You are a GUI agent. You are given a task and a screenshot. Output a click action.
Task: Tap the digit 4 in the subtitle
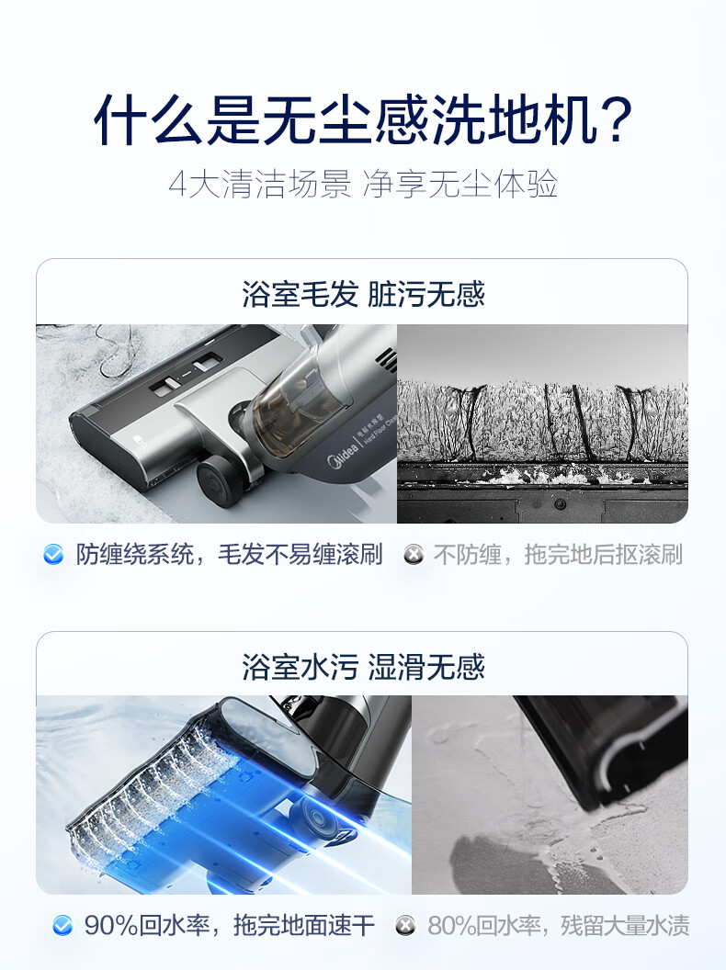coord(177,185)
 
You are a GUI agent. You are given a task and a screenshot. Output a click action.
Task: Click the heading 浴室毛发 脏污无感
coord(363,294)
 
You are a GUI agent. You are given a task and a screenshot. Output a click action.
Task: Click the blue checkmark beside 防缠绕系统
coord(54,554)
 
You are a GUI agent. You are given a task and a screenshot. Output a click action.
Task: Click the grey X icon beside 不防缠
coord(414,554)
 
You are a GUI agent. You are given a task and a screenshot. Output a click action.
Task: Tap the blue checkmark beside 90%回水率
coord(62,926)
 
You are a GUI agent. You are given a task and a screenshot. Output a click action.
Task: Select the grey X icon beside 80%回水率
coord(405,926)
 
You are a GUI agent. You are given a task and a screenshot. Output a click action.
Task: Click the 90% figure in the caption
coord(111,926)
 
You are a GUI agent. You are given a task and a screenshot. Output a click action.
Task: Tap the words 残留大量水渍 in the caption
coord(625,926)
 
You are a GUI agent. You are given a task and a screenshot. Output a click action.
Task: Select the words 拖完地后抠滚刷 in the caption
coord(604,554)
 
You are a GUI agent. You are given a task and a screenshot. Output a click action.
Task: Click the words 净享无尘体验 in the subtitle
coord(459,185)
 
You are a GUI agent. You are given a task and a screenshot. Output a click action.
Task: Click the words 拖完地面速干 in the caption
coord(304,926)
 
